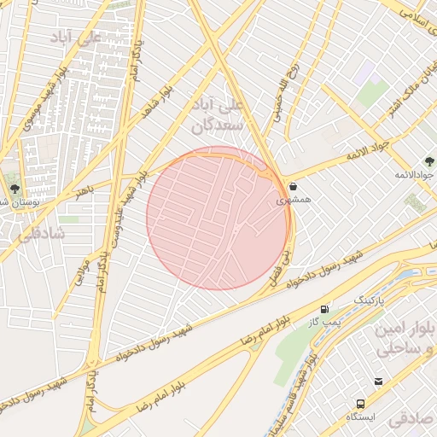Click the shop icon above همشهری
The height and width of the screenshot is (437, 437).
(x=293, y=186)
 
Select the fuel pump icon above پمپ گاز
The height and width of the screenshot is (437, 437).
(x=324, y=309)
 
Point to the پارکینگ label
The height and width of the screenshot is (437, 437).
(x=370, y=301)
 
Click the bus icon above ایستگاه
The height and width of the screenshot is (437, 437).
(x=359, y=403)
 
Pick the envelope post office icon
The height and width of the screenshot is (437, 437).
(x=378, y=382)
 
